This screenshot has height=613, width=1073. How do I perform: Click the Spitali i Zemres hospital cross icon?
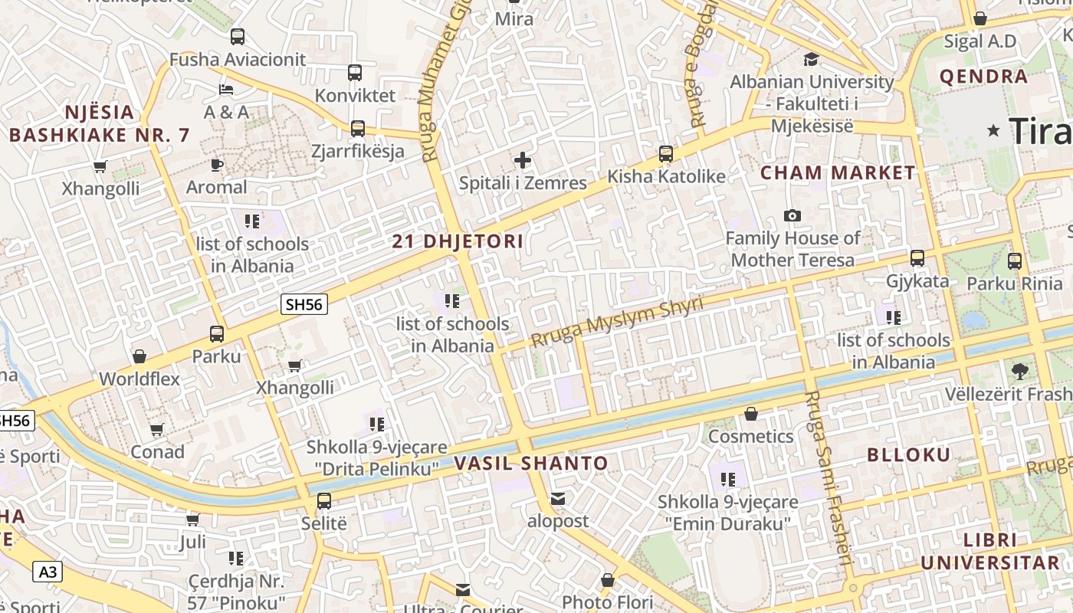tap(523, 160)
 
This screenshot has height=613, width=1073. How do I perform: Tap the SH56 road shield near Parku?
tap(304, 304)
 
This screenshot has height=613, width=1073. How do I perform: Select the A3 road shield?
tap(48, 572)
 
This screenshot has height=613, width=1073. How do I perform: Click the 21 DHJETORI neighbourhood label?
tap(458, 242)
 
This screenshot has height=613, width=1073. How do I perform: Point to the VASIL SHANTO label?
tap(531, 464)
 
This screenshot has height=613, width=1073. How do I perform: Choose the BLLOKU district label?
tap(908, 454)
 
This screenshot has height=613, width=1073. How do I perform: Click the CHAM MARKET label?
tap(838, 173)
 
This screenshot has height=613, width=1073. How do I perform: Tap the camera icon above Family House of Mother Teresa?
tap(792, 216)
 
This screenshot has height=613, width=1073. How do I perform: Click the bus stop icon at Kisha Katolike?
tap(666, 154)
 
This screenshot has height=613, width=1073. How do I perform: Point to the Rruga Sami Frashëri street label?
tap(829, 475)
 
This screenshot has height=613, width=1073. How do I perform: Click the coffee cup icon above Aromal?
tap(217, 165)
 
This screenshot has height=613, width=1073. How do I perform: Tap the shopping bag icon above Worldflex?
tap(139, 356)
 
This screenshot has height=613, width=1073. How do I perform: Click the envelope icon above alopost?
tap(558, 500)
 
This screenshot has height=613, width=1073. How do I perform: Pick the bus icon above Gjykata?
tap(917, 258)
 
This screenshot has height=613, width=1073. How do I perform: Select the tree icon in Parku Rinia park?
tap(1019, 372)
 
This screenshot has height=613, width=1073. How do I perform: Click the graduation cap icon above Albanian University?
tap(811, 60)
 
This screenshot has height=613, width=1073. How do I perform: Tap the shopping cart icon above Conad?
tap(157, 430)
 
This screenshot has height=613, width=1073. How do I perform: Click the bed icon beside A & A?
tap(225, 90)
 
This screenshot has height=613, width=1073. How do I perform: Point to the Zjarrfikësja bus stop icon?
tap(358, 129)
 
